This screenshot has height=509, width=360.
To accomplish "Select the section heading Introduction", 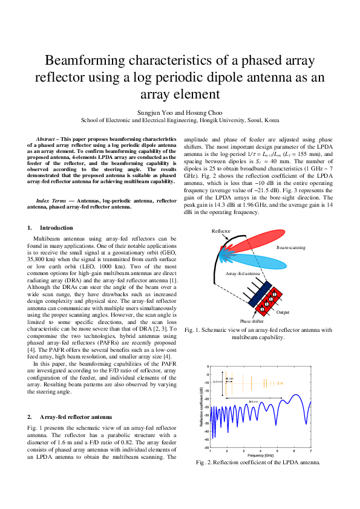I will click(56, 228).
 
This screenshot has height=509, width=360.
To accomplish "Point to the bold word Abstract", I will click(45, 138).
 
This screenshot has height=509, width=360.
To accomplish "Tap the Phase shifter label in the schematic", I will click(251, 321).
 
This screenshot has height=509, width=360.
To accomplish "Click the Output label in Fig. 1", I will click(283, 312).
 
